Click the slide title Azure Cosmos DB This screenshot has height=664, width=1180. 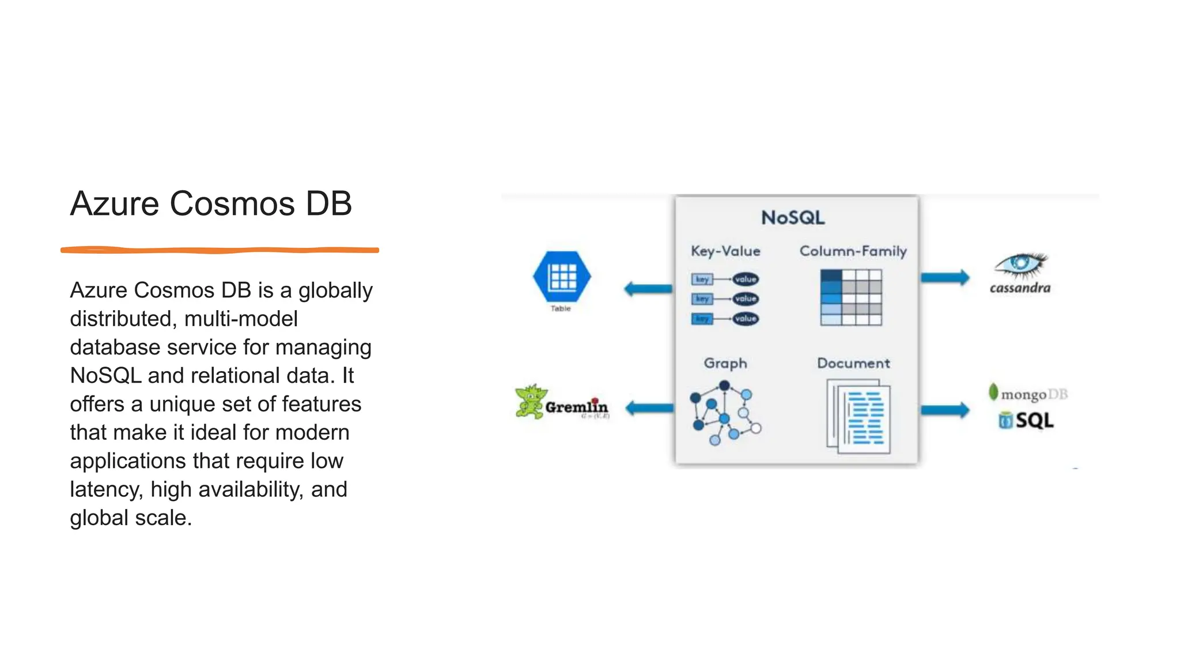[x=211, y=203]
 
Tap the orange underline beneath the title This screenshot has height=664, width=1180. [x=220, y=250]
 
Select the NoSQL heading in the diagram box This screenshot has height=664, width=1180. [x=793, y=218]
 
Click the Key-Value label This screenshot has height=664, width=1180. [x=725, y=251]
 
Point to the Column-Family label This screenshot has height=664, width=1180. [x=853, y=251]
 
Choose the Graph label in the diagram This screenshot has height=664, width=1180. [x=725, y=363]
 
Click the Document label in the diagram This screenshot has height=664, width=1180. [x=853, y=363]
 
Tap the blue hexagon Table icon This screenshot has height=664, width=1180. [x=562, y=277]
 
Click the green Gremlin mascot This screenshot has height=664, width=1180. [x=530, y=401]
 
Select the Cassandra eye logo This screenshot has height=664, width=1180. [x=1020, y=265]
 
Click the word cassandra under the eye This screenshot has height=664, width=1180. [x=1020, y=288]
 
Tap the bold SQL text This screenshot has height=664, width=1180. [x=1034, y=420]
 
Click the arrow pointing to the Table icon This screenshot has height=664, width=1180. [x=648, y=288]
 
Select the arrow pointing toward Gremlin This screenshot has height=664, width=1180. [x=649, y=408]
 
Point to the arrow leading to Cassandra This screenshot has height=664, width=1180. [x=945, y=278]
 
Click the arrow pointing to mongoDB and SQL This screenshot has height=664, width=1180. [x=945, y=410]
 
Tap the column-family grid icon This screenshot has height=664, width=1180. [x=851, y=297]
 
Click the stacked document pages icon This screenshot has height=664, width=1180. [x=858, y=416]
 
